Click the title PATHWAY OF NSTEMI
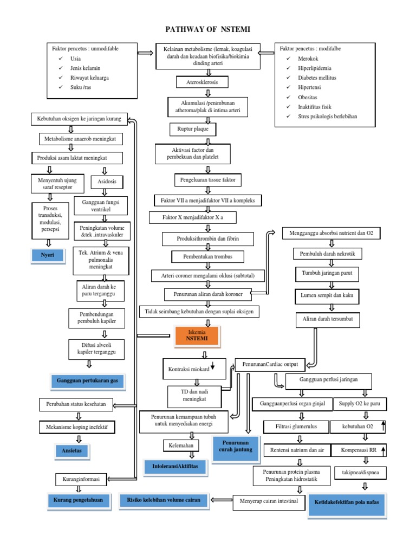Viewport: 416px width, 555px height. click(x=207, y=29)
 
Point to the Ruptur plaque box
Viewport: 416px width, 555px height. click(x=192, y=130)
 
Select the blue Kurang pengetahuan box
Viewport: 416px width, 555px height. click(x=77, y=499)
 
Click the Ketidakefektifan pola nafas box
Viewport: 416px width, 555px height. click(x=347, y=502)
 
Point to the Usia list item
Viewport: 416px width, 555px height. click(x=76, y=58)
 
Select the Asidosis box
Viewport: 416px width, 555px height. click(x=107, y=182)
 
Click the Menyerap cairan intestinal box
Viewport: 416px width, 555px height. click(x=269, y=501)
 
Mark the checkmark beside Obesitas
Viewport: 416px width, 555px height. click(x=289, y=97)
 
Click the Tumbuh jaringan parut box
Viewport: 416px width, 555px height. click(x=327, y=274)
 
